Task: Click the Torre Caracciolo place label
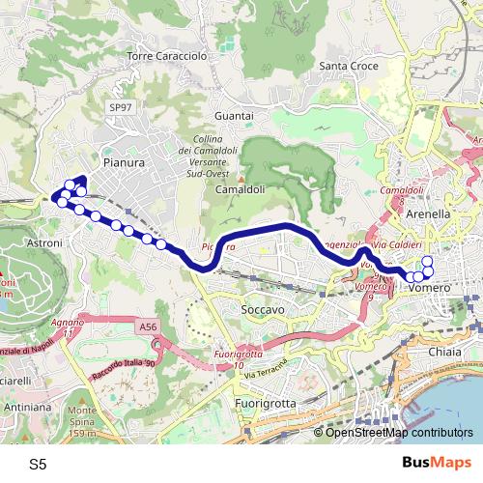point(167,57)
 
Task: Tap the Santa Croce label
point(347,66)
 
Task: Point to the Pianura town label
point(123,163)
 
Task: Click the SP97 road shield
point(120,108)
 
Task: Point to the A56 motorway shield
point(147,328)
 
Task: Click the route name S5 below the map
point(38,464)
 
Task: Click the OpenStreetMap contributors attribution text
point(399,433)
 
